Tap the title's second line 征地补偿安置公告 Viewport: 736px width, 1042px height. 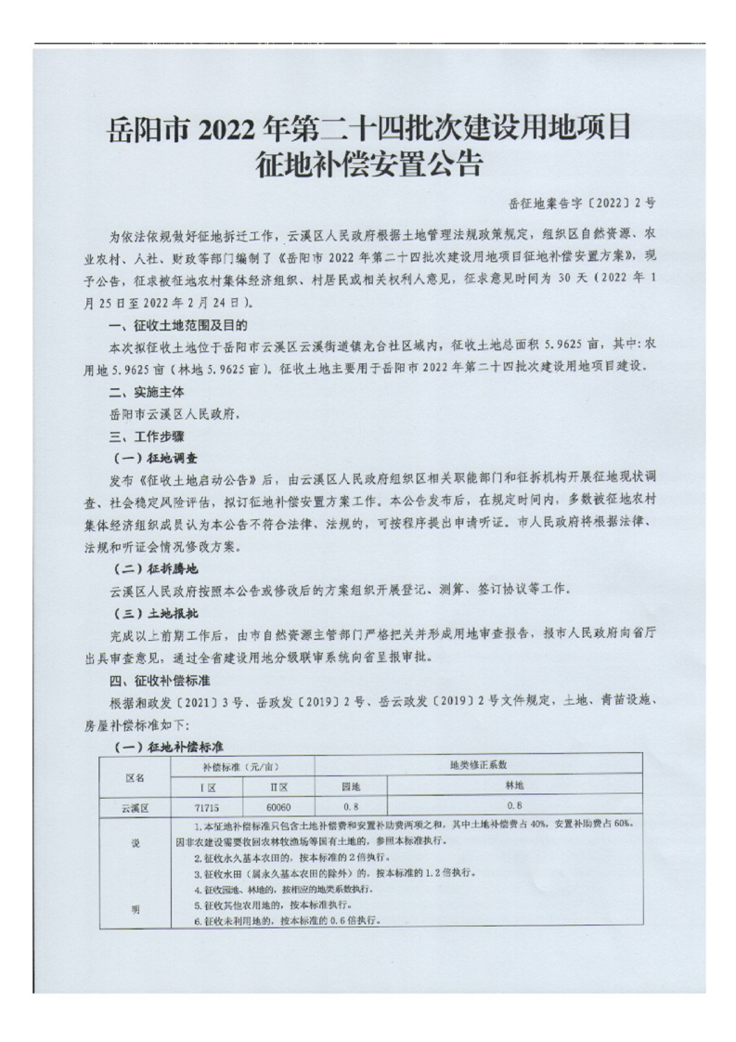(368, 165)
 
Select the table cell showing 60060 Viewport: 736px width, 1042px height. (278, 807)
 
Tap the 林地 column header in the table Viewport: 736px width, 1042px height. (515, 786)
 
